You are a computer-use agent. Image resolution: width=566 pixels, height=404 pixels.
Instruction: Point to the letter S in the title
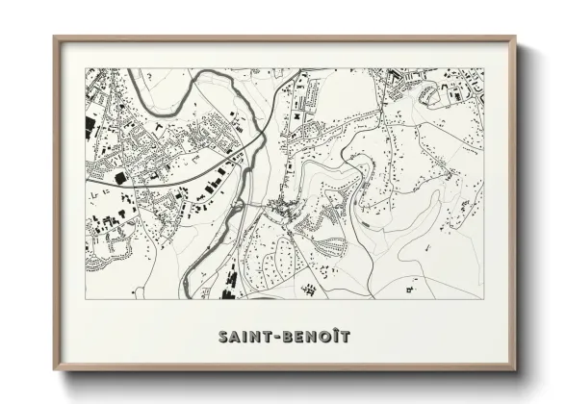pyautogui.click(x=222, y=337)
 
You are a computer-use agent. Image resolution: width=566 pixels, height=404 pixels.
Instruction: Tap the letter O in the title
pyautogui.click(x=322, y=337)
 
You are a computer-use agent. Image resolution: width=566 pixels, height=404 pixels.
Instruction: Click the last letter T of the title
pyautogui.click(x=344, y=337)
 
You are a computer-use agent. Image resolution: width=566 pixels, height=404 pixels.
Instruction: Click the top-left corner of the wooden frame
pyautogui.click(x=55, y=38)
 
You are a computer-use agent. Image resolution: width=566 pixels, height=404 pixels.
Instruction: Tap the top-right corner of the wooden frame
pyautogui.click(x=515, y=38)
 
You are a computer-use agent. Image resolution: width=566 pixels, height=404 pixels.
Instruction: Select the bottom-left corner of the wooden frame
pyautogui.click(x=55, y=370)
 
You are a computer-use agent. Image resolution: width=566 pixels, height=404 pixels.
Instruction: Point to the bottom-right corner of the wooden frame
pyautogui.click(x=515, y=370)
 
